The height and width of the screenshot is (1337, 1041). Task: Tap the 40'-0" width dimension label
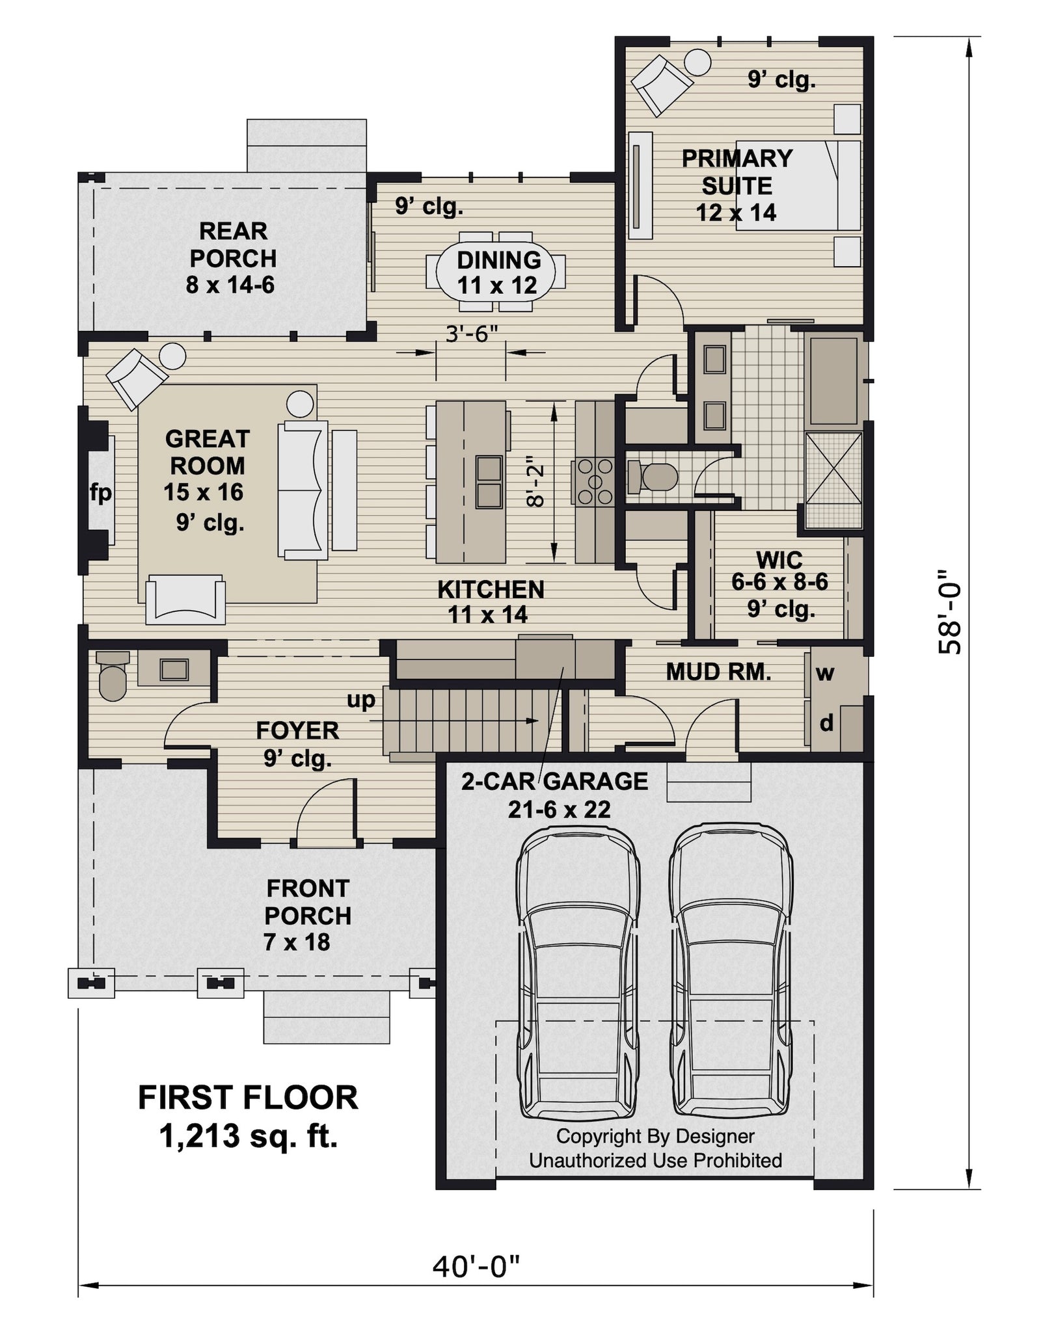pyautogui.click(x=476, y=1266)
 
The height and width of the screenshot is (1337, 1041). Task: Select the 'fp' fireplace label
pyautogui.click(x=101, y=494)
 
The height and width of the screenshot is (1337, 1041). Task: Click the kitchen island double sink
pyautogui.click(x=489, y=482)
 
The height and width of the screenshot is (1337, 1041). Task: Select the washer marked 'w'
pyautogui.click(x=824, y=672)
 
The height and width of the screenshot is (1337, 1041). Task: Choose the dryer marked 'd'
pyautogui.click(x=825, y=723)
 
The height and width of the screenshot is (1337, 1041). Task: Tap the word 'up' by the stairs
pyautogui.click(x=361, y=700)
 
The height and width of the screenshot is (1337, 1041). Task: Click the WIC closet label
pyautogui.click(x=779, y=559)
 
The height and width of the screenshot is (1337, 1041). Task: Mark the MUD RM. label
pyautogui.click(x=718, y=672)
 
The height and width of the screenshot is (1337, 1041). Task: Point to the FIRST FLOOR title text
pyautogui.click(x=248, y=1098)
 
